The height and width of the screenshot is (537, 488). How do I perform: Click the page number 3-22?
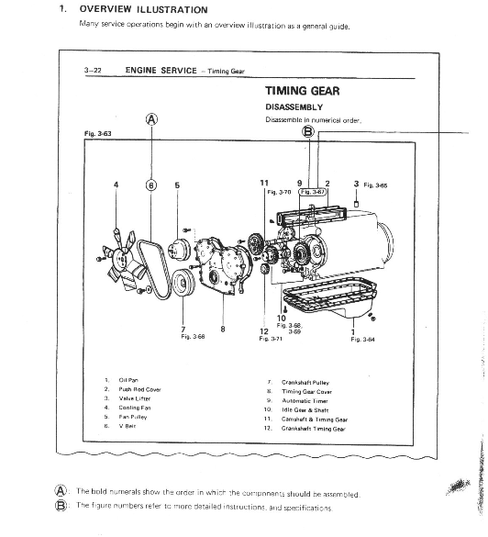coord(92,70)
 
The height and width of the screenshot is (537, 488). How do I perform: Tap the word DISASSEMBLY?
coord(293,106)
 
